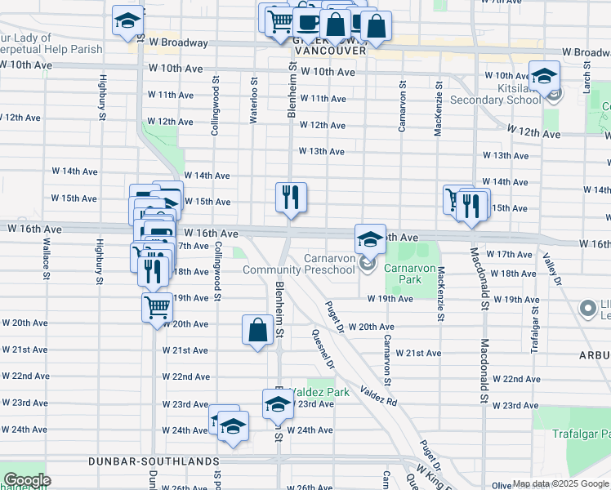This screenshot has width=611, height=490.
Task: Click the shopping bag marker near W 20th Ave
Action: click(257, 331)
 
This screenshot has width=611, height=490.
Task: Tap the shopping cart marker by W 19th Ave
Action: click(157, 308)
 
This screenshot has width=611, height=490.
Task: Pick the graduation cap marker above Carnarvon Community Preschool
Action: click(370, 238)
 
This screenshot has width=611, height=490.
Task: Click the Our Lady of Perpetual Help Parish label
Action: click(51, 43)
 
